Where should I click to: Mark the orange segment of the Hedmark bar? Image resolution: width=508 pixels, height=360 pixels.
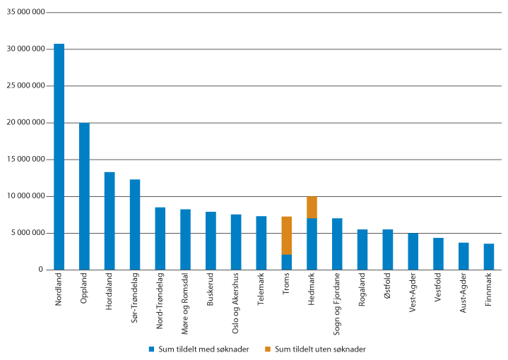tap(312, 208)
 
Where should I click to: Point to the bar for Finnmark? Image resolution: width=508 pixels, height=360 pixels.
tap(489, 257)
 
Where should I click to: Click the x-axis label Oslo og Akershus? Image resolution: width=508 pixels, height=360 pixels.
tap(236, 300)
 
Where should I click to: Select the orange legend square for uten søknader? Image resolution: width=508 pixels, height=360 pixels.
tap(268, 349)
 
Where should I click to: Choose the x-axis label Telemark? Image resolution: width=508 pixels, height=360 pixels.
tap(261, 290)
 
